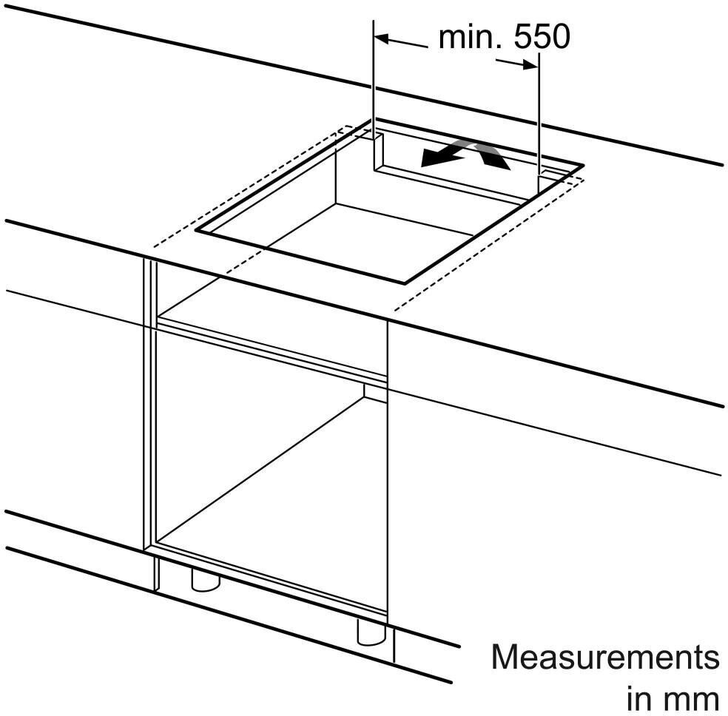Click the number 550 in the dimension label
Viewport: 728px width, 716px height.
[x=542, y=37]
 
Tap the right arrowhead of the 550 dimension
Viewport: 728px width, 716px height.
[x=530, y=65]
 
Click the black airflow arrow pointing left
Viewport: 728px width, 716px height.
[x=443, y=156]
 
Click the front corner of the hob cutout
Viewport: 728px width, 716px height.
[x=405, y=283]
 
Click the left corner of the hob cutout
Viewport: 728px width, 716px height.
[x=196, y=230]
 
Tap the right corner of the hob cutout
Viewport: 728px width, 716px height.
[x=583, y=165]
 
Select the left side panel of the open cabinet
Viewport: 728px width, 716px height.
[x=150, y=404]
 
